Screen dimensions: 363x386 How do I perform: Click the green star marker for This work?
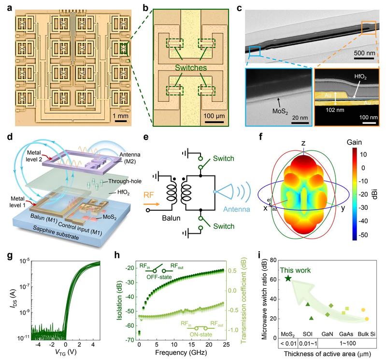288,278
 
